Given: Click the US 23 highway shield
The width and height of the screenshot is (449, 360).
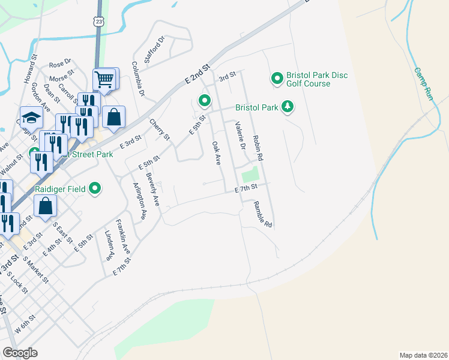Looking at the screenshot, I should click(98, 21).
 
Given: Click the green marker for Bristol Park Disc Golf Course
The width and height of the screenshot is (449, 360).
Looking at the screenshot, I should click(277, 79).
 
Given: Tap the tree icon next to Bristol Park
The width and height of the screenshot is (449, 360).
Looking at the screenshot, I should click(289, 107).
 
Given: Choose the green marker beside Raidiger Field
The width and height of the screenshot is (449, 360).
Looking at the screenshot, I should click(95, 190).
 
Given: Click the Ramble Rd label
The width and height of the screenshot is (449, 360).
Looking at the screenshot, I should click(263, 214).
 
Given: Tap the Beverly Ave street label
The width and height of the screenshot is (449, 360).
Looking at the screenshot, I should click(152, 191).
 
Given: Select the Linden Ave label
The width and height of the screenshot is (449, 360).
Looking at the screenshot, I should click(109, 245).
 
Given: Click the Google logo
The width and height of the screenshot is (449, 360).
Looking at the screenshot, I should click(20, 352).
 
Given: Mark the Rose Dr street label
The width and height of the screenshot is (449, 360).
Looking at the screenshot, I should click(60, 63).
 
